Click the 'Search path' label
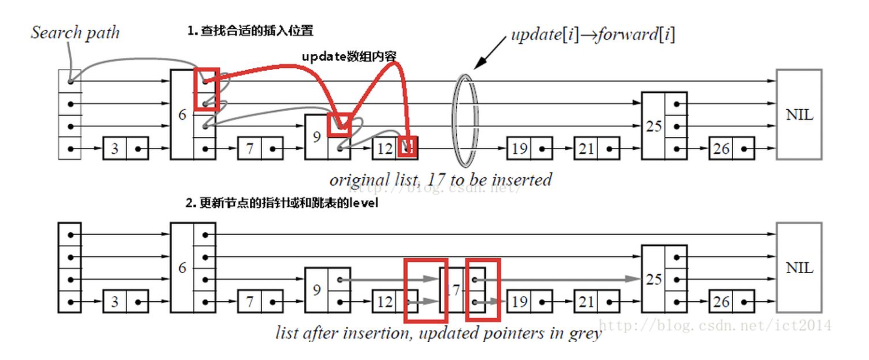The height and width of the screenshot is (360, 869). [x=75, y=32]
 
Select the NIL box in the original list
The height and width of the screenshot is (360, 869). [x=799, y=114]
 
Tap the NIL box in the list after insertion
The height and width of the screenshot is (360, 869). [x=799, y=268]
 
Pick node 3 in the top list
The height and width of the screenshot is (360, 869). [x=125, y=149]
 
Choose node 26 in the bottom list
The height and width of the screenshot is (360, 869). [x=731, y=301]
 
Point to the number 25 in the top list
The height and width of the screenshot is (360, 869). [x=653, y=126]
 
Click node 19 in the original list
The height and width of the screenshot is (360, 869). [x=529, y=149]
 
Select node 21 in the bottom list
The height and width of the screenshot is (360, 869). [x=596, y=301]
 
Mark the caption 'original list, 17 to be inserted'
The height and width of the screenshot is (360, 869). [x=440, y=179]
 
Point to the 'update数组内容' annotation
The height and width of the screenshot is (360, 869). [x=348, y=56]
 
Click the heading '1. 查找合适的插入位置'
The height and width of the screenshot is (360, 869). [x=250, y=31]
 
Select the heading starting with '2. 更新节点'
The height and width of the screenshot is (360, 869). [x=282, y=204]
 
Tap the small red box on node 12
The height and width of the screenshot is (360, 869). [x=409, y=147]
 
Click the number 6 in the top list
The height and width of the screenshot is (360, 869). [x=182, y=114]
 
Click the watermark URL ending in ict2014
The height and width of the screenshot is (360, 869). [x=716, y=325]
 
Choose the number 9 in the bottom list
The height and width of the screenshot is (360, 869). [x=316, y=291]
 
